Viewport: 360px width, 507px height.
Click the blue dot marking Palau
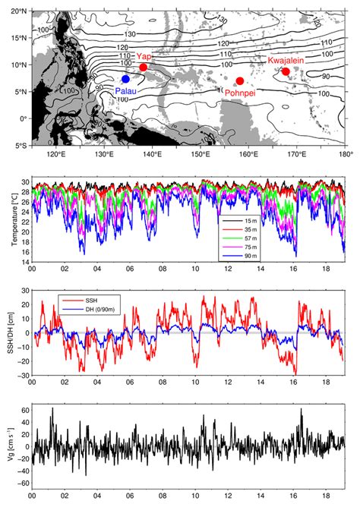[x=126, y=79]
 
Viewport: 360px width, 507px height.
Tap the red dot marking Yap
[x=144, y=68]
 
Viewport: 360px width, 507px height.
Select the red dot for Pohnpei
[x=240, y=81]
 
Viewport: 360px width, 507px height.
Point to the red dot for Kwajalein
[x=286, y=72]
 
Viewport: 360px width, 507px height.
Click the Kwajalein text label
[x=286, y=59]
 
